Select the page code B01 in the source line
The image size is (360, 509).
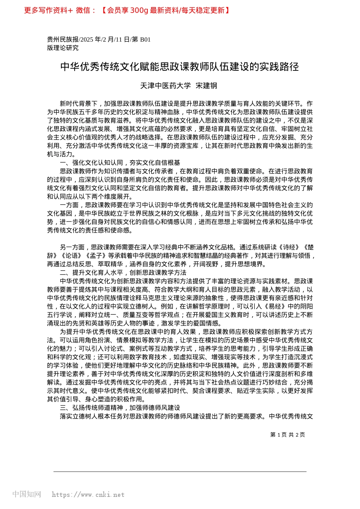coord(146,39)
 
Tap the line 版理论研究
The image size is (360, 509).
coord(63,48)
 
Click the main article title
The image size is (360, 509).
coord(180,67)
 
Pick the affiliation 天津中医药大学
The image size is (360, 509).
coord(166,86)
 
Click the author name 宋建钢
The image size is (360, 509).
coord(207,86)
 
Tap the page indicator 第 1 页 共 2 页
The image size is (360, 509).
coord(288,435)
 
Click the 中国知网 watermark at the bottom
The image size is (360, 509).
coord(27,494)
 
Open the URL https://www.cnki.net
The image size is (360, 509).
coord(88,495)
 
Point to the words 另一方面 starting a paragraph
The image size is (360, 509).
coord(72,247)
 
